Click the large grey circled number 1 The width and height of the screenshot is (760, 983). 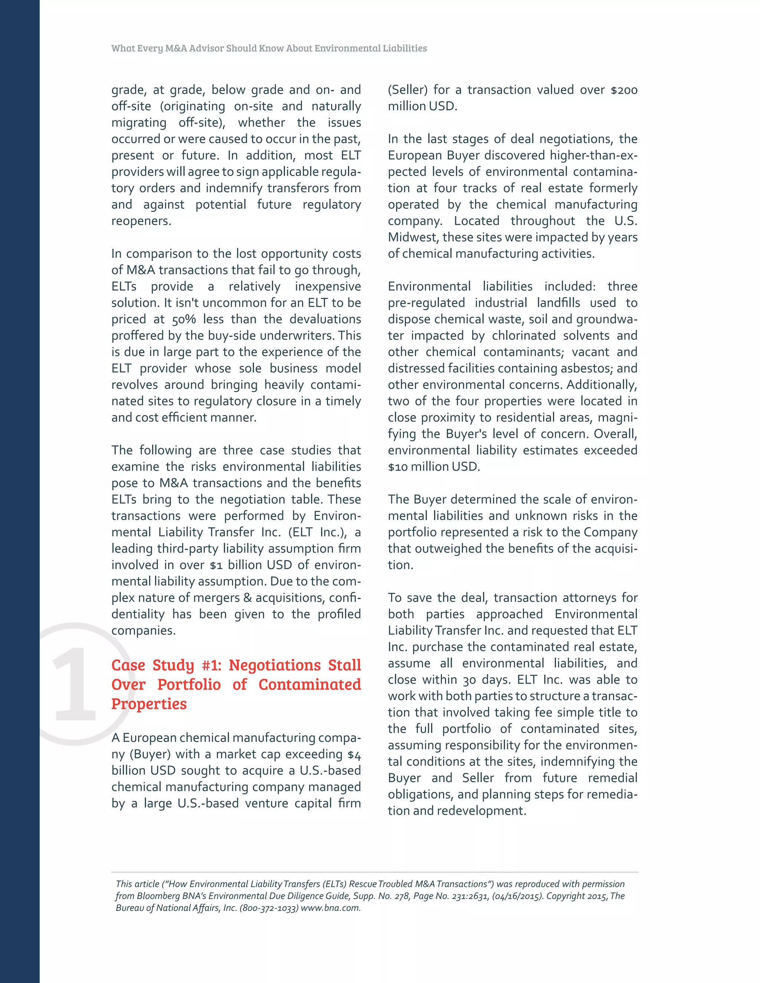click(74, 684)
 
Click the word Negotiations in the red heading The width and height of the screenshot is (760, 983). click(275, 665)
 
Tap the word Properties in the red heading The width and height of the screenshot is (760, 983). click(149, 703)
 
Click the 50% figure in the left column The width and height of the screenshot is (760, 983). click(184, 319)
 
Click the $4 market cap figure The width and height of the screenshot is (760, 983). click(354, 754)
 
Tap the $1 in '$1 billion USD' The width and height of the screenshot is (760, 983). click(216, 565)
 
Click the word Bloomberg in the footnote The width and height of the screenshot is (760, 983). click(158, 896)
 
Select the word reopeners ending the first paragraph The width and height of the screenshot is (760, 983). click(141, 221)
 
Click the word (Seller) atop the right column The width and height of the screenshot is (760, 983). click(407, 90)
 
